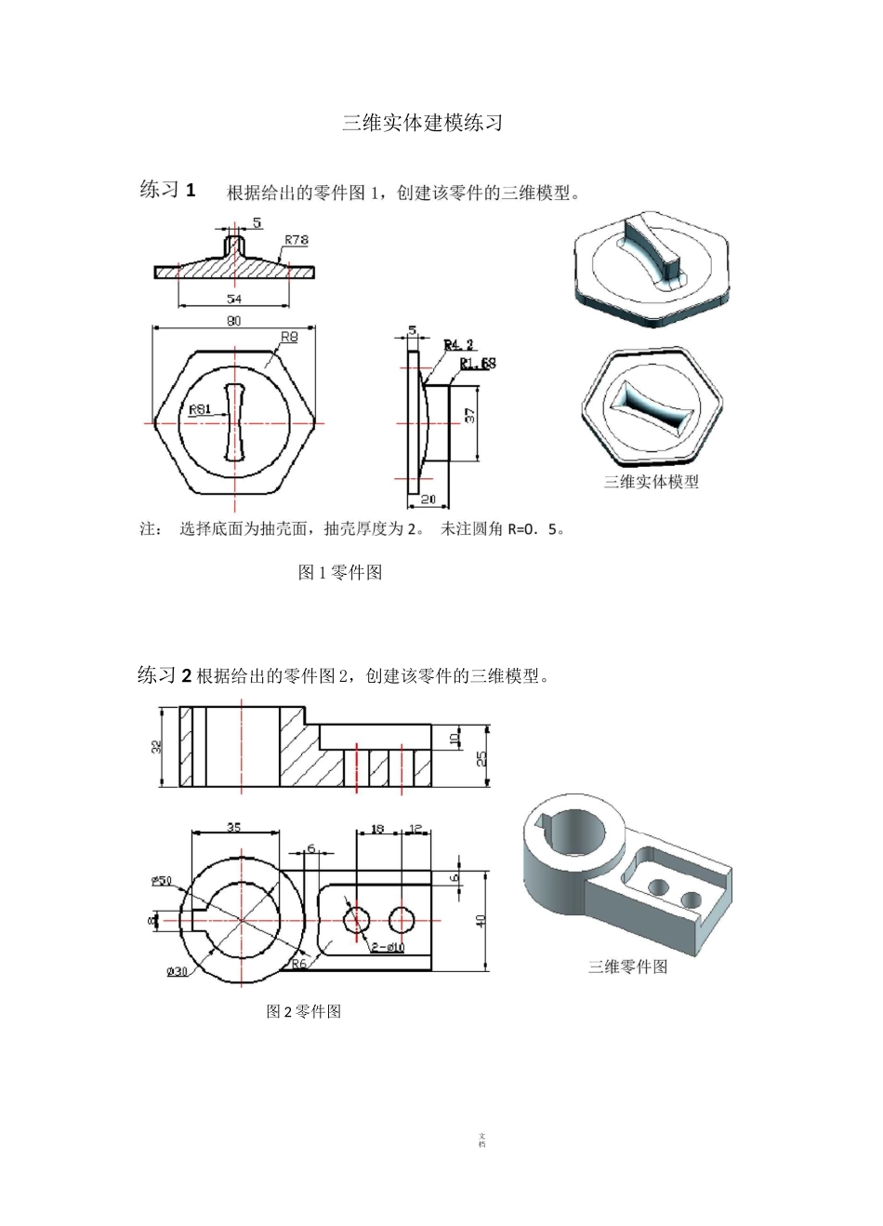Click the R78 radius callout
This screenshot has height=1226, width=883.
point(297,240)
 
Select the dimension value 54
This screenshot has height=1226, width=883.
point(234,300)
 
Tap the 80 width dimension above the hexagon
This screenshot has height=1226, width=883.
point(233,321)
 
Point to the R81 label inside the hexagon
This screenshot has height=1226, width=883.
point(199,409)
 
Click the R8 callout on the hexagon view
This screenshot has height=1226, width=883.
point(289,337)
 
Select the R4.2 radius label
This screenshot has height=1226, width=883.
point(458,345)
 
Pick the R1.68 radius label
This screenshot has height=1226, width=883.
point(478,363)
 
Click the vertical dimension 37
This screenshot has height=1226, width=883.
point(469,416)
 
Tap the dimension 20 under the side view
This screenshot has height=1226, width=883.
point(429,500)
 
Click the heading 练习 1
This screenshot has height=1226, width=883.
point(167,190)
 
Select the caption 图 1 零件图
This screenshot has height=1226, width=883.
point(339,572)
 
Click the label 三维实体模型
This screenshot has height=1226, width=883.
point(651,481)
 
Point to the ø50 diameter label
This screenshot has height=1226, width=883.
point(163,880)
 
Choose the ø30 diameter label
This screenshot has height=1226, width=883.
point(177,972)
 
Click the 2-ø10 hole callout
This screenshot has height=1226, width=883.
point(387,948)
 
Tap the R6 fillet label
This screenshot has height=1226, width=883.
point(298,965)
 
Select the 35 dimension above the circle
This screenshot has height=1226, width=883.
point(233,826)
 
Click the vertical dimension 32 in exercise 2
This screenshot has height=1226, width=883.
point(157,746)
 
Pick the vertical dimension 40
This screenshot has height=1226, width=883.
point(481,920)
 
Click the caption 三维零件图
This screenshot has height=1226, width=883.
point(627,966)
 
